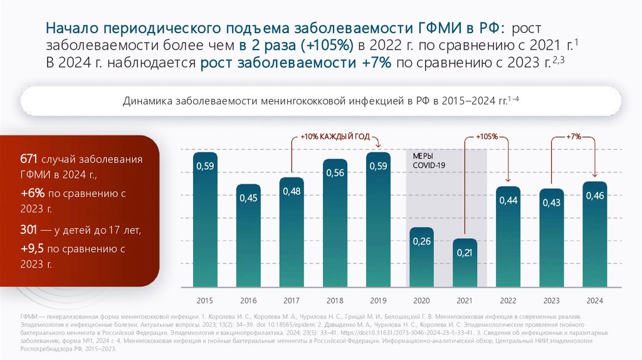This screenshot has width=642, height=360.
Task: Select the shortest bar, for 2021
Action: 465,263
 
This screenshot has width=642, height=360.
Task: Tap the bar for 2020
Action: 421,257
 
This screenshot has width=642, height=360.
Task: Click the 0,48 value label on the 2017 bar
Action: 292,191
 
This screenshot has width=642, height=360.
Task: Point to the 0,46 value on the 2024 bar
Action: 594,196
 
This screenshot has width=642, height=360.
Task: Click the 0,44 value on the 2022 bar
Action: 508,201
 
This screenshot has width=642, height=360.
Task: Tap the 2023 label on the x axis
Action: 552,301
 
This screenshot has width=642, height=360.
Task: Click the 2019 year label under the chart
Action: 379,301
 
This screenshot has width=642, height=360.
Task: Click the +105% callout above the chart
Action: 487,136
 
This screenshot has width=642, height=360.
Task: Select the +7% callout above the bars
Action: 573,136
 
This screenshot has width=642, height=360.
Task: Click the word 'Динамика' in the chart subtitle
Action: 146,100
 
